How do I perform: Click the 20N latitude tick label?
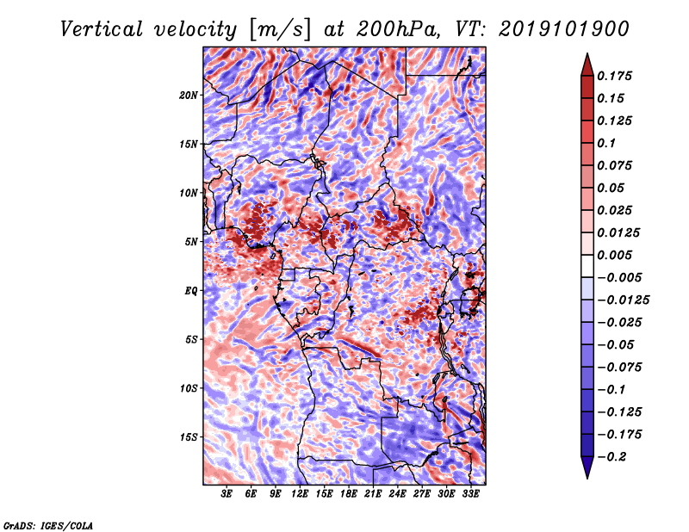[x=189, y=95]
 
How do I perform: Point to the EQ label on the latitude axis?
[x=191, y=291]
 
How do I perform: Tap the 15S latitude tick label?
[x=189, y=437]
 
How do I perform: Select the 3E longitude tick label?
[x=227, y=493]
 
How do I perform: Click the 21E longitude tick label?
[x=373, y=493]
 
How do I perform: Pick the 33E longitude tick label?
[x=470, y=493]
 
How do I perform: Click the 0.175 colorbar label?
[x=614, y=76]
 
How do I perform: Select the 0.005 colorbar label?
[x=614, y=255]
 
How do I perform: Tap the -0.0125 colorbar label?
[x=623, y=300]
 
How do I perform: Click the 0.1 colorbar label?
[x=606, y=143]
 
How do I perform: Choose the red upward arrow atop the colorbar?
[x=587, y=65]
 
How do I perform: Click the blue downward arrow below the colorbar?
[x=587, y=467]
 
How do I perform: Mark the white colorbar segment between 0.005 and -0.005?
[x=587, y=266]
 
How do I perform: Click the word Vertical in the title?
[x=101, y=29]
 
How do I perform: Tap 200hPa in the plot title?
[x=397, y=29]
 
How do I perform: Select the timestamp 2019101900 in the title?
[x=564, y=29]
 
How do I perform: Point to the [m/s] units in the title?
[x=280, y=30]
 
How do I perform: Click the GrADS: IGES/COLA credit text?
[x=48, y=525]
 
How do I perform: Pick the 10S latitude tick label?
[x=189, y=388]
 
